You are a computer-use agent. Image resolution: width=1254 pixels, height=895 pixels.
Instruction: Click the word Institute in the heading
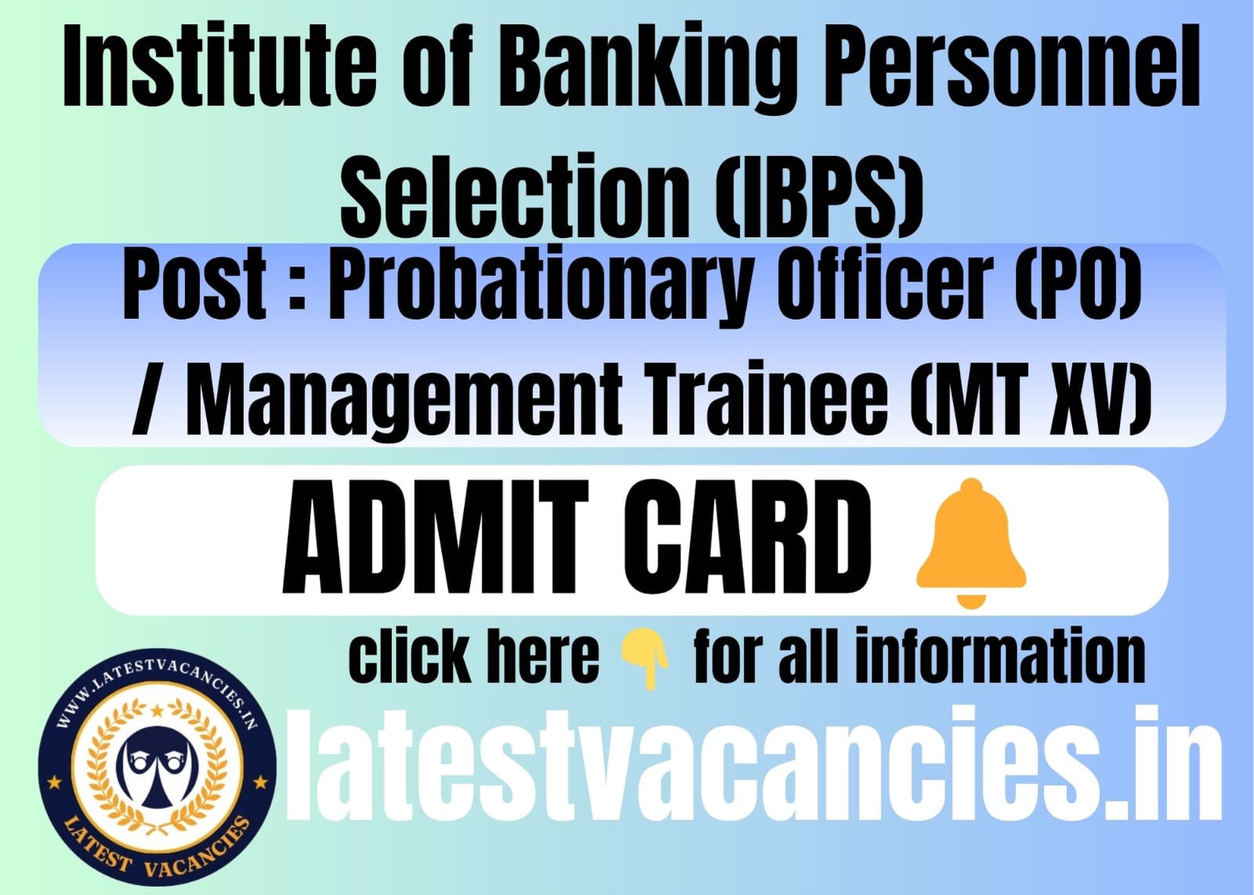click(219, 66)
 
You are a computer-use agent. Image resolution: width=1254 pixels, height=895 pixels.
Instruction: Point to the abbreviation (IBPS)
click(818, 197)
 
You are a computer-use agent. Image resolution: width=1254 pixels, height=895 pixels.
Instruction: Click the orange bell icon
click(971, 542)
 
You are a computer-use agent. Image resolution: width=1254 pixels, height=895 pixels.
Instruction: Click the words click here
click(473, 655)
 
